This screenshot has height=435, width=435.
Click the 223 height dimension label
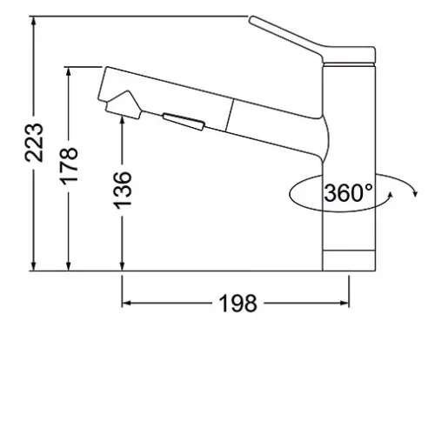click(x=34, y=143)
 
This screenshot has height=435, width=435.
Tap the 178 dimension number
click(x=69, y=166)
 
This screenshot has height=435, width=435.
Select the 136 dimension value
click(x=122, y=191)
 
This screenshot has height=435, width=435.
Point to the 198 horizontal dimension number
click(x=238, y=304)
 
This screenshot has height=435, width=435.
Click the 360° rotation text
click(x=348, y=193)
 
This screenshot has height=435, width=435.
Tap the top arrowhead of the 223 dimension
click(x=34, y=22)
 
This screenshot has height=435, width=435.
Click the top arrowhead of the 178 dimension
click(x=69, y=72)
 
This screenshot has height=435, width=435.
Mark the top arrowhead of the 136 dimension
click(x=122, y=120)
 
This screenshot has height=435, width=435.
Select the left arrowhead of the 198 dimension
click(x=127, y=304)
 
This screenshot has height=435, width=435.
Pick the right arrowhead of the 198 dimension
click(x=344, y=304)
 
